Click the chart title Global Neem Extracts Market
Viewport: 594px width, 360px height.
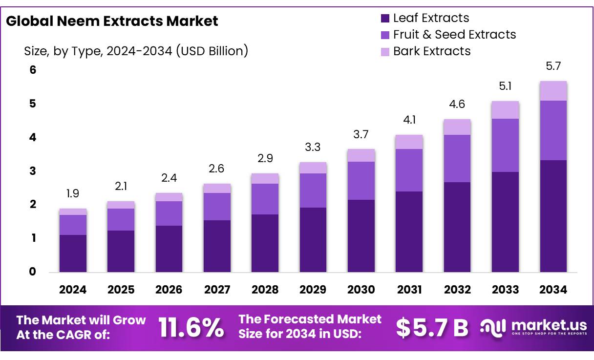click(x=112, y=21)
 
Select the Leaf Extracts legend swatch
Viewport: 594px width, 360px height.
click(x=385, y=19)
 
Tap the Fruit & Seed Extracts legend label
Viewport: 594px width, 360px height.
click(x=454, y=35)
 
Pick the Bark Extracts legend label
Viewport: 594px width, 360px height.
click(x=432, y=51)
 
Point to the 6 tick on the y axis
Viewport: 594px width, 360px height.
click(x=33, y=70)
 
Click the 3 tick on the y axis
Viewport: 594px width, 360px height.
click(x=33, y=171)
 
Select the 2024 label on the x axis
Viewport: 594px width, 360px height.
click(x=73, y=290)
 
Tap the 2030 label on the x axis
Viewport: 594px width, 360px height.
click(x=361, y=290)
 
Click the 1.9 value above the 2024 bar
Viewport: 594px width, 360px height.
click(x=73, y=194)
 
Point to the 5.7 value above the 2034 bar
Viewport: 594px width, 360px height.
click(x=553, y=66)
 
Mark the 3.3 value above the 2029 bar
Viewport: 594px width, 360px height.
click(x=313, y=148)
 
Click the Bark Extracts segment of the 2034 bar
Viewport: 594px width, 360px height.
click(x=553, y=91)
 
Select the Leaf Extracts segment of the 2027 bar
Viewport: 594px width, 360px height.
click(x=217, y=246)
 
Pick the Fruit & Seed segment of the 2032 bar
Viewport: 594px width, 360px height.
click(x=457, y=158)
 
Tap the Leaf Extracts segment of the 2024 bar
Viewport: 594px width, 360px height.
click(x=73, y=253)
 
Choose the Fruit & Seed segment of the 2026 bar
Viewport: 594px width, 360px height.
click(x=169, y=213)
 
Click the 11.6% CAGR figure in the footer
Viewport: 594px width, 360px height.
click(x=191, y=327)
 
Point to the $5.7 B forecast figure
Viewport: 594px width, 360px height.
click(x=432, y=328)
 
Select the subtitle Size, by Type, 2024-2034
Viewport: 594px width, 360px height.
click(x=136, y=51)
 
